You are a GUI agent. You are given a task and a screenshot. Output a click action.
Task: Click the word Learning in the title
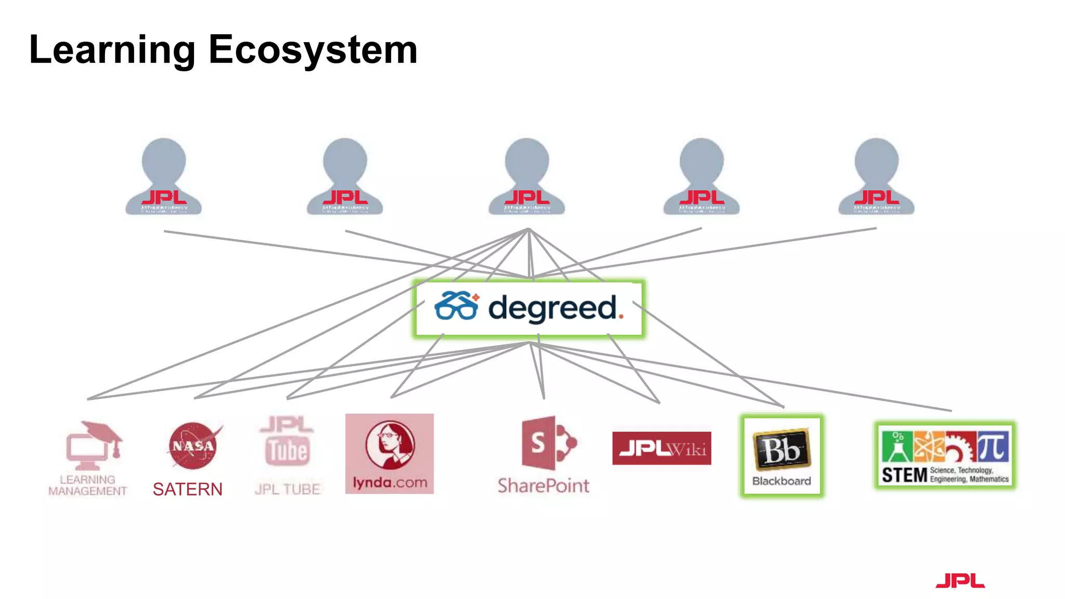point(112,50)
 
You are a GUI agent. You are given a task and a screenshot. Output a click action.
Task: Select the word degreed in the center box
point(552,308)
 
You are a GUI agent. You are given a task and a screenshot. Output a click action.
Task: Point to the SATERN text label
point(187,489)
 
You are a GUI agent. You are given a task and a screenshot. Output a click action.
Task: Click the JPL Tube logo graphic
point(288,442)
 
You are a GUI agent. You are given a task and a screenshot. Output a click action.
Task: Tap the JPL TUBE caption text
point(288,489)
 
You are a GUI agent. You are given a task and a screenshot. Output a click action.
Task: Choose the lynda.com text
point(389,483)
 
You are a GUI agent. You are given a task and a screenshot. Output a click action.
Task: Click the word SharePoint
point(543,486)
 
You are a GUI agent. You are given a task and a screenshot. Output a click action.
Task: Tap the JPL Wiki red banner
point(661,448)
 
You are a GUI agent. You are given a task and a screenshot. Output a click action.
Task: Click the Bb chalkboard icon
point(782,449)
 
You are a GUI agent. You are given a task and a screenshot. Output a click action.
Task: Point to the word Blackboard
point(782,481)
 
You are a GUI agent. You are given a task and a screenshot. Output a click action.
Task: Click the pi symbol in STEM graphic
point(992,447)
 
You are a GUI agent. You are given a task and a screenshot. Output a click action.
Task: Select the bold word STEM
point(904,475)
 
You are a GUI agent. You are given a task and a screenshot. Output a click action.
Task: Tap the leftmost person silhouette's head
point(164,160)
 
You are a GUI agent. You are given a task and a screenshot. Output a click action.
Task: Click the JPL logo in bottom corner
point(960,581)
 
